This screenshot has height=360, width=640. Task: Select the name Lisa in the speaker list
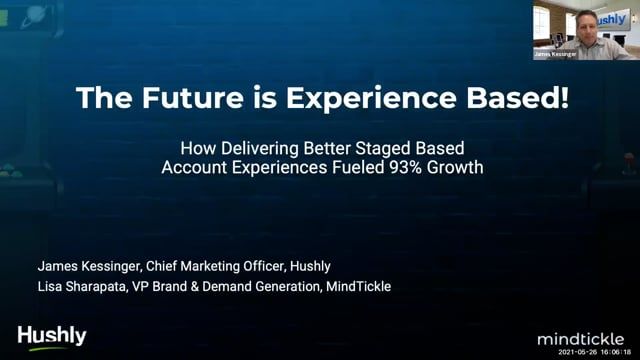tap(52, 287)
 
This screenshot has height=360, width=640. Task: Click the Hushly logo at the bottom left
tap(52, 337)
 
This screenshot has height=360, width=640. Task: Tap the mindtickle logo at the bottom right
tap(584, 338)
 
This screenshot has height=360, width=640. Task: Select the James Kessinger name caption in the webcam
tap(555, 54)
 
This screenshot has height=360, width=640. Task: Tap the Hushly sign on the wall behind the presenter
tap(619, 19)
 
